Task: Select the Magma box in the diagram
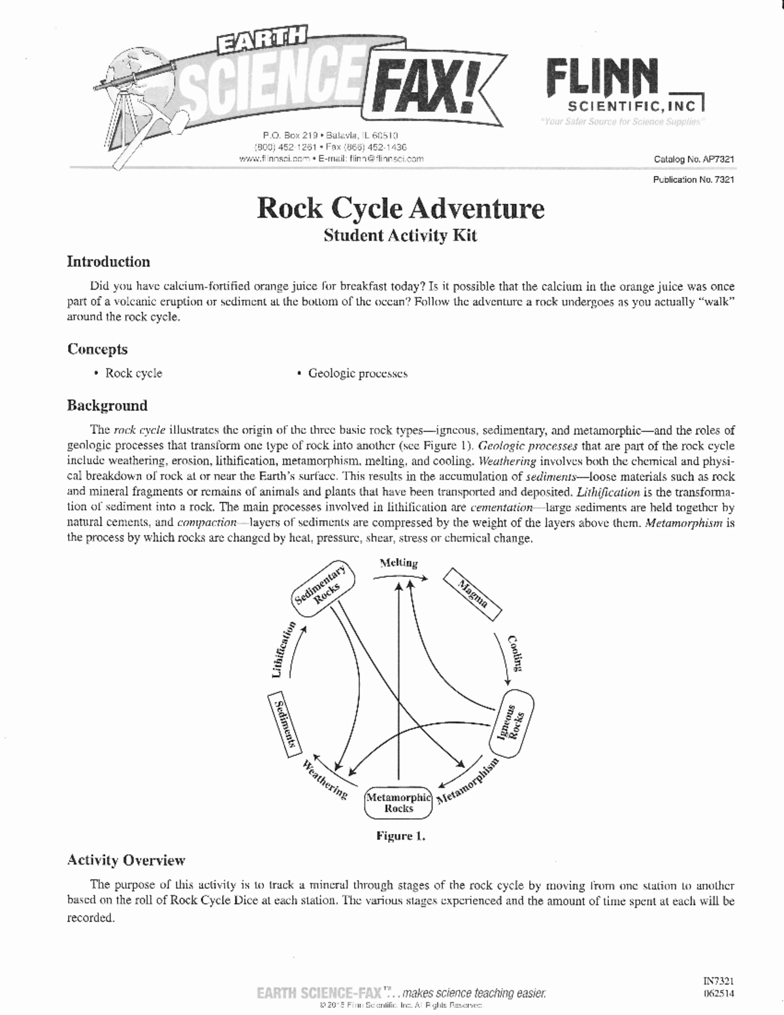point(472,594)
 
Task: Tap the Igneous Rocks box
point(512,724)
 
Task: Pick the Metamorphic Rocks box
point(399,803)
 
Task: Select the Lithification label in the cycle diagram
point(282,651)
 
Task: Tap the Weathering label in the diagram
point(325,778)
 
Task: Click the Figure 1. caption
point(400,836)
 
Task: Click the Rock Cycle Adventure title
point(400,208)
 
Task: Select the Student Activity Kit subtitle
point(400,235)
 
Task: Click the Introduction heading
point(108,262)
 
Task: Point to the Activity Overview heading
point(126,860)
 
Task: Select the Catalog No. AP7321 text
point(694,159)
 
